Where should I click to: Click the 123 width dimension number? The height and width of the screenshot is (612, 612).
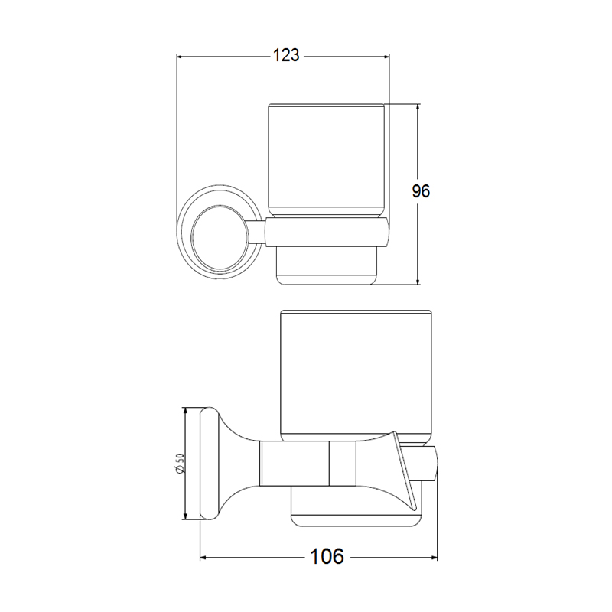[286, 55]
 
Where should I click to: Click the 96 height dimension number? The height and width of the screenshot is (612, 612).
[421, 191]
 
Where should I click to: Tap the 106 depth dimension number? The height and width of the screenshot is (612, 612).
[327, 556]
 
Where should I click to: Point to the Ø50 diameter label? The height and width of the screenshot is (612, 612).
[180, 464]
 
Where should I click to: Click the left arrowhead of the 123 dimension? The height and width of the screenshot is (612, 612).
[181, 57]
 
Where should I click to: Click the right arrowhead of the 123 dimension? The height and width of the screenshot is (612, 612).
[386, 57]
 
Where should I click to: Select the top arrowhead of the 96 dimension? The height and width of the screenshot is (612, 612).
[418, 107]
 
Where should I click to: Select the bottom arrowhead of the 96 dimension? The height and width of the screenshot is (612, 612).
[418, 281]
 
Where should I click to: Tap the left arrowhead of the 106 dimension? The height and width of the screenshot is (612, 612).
[203, 558]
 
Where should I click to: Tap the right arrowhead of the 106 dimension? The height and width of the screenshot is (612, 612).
[434, 558]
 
